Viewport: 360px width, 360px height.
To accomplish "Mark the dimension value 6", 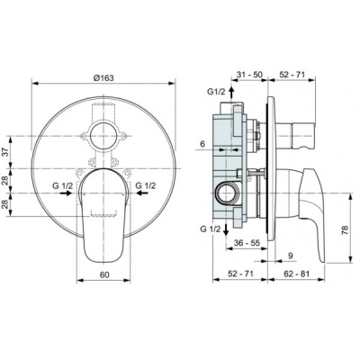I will (x=204, y=144).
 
